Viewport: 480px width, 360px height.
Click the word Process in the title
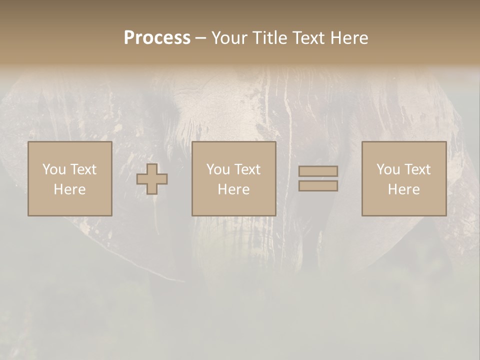(157, 38)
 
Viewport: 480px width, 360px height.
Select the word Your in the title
(230, 38)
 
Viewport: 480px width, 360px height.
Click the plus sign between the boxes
(152, 178)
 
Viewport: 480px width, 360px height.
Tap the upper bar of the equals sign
(318, 171)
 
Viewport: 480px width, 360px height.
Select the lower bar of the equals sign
(318, 186)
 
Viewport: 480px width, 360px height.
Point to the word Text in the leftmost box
(83, 169)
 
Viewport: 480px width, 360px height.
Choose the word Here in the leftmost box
(69, 189)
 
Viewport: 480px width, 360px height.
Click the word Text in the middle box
(247, 169)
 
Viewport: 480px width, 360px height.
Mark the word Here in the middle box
(233, 189)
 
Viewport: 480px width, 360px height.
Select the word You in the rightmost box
(388, 169)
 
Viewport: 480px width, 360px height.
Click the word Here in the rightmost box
(403, 189)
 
